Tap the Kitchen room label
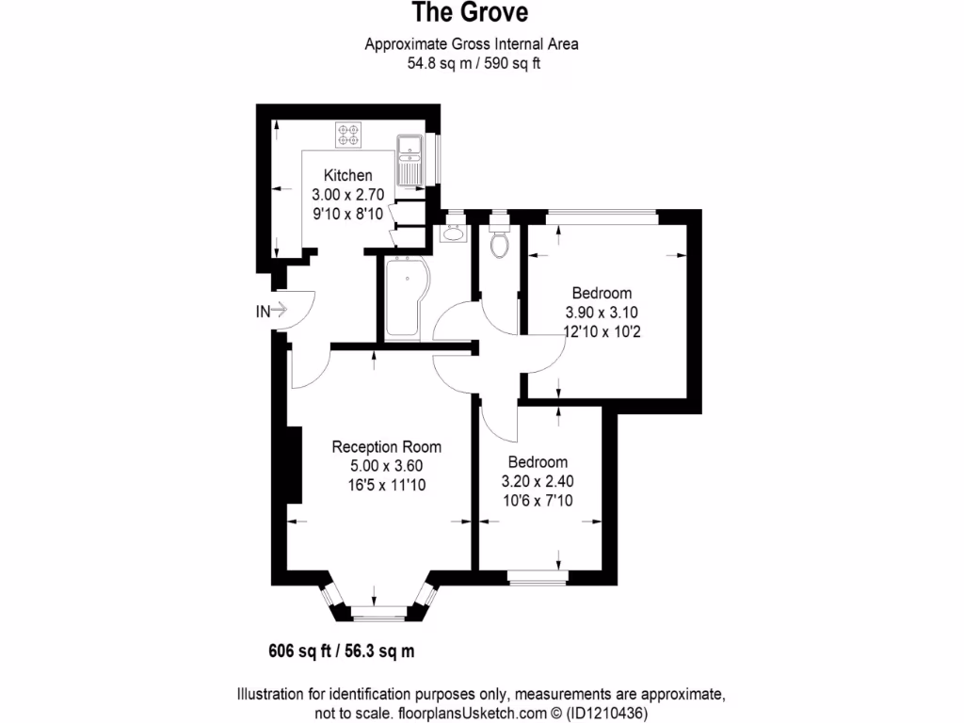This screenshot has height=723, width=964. point(347,175)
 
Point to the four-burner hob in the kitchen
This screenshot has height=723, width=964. point(349,136)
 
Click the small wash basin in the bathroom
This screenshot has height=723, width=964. point(453,232)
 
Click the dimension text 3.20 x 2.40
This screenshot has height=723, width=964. point(538,480)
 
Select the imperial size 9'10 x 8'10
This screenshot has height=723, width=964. point(347,214)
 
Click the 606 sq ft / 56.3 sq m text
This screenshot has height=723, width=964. point(342,650)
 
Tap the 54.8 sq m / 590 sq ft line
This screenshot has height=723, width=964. point(472,64)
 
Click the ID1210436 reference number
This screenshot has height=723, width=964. point(608,714)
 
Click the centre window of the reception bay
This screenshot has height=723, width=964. point(377,617)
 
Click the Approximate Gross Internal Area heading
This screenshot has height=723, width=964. point(472,43)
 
